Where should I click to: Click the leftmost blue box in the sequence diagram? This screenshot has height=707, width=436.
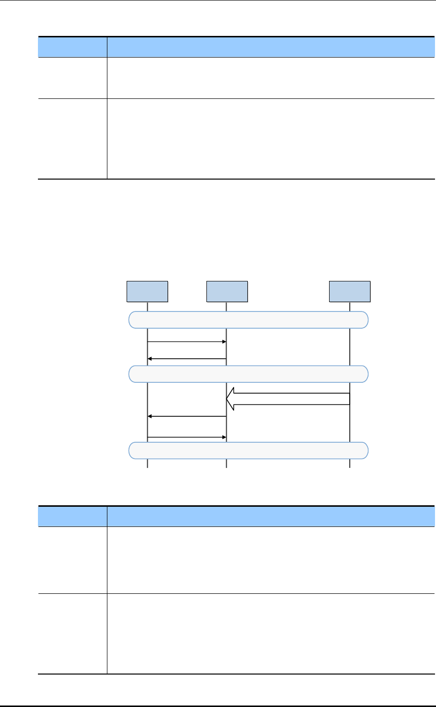click(147, 291)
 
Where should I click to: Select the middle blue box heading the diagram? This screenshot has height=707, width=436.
click(227, 291)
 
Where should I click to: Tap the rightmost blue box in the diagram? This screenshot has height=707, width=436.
click(350, 291)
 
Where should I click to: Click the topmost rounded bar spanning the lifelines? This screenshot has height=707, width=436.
click(248, 319)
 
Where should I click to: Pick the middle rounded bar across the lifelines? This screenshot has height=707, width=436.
click(248, 374)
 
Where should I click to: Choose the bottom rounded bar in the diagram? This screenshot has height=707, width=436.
click(248, 450)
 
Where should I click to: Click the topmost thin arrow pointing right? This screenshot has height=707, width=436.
click(187, 341)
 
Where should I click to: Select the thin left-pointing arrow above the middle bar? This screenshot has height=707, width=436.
click(187, 359)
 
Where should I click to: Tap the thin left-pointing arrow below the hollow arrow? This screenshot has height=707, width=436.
click(187, 416)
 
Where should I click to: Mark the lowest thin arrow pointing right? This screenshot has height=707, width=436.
click(187, 436)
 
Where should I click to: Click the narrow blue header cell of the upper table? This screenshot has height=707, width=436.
click(73, 47)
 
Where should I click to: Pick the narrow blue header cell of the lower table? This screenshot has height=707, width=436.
click(73, 516)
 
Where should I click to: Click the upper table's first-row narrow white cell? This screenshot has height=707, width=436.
click(73, 78)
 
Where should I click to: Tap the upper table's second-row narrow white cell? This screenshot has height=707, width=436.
click(73, 138)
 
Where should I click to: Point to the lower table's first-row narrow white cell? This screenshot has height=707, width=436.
click(73, 560)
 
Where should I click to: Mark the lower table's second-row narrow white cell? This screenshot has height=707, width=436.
click(73, 633)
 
